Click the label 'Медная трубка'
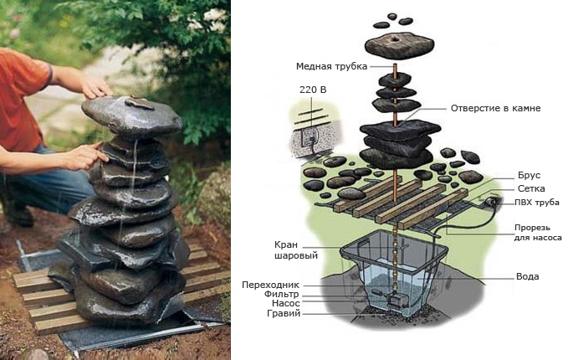pyautogui.click(x=331, y=67)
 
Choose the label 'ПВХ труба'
pyautogui.click(x=535, y=203)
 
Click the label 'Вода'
pyautogui.click(x=528, y=276)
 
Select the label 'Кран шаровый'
pyautogui.click(x=285, y=250)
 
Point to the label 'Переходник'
pyautogui.click(x=272, y=284)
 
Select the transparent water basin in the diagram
pyautogui.click(x=393, y=276)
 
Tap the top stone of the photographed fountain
pyautogui.click(x=132, y=115)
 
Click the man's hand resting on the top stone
pyautogui.click(x=96, y=88)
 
